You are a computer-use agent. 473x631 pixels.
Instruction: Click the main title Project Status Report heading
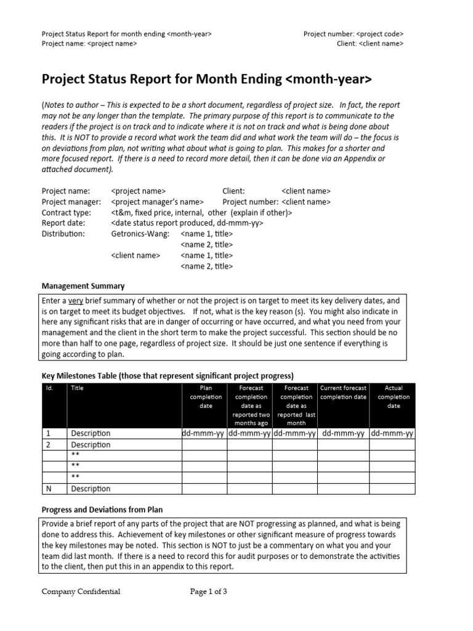[x=206, y=79]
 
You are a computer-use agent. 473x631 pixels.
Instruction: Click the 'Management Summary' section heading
[x=83, y=286]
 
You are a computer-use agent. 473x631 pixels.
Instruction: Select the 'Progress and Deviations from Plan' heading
[x=102, y=510]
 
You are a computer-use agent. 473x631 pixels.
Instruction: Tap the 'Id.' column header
[x=50, y=388]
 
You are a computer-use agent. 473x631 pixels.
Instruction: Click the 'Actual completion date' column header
[x=393, y=397]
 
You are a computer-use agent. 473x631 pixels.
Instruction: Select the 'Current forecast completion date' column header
[x=343, y=393]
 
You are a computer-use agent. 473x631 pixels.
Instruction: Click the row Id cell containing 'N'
[x=49, y=489]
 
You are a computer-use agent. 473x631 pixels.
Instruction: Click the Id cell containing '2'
[x=49, y=444]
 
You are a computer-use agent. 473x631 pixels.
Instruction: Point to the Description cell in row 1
[x=91, y=433]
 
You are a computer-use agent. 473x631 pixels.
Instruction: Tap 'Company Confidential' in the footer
[x=81, y=592]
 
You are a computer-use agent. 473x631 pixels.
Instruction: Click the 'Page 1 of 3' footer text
[x=209, y=592]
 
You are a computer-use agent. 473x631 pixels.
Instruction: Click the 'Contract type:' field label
[x=66, y=213]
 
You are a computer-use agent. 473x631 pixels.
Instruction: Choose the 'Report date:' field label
[x=63, y=223]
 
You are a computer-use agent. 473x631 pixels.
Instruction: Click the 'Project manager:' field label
[x=71, y=202]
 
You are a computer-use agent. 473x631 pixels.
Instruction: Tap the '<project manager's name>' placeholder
[x=157, y=202]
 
